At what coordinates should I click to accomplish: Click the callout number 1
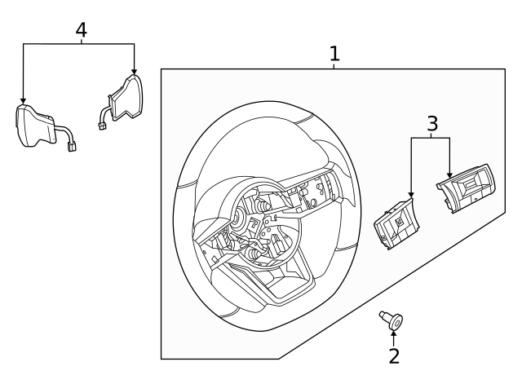[334, 54]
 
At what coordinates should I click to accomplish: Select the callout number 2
[394, 355]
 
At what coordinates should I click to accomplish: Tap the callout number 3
[432, 124]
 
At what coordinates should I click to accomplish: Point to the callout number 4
[81, 29]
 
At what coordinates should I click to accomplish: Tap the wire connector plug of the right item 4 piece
[103, 126]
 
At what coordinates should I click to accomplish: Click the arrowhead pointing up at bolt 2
[394, 334]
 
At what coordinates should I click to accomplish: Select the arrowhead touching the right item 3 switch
[449, 174]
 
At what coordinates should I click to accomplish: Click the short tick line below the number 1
[334, 67]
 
